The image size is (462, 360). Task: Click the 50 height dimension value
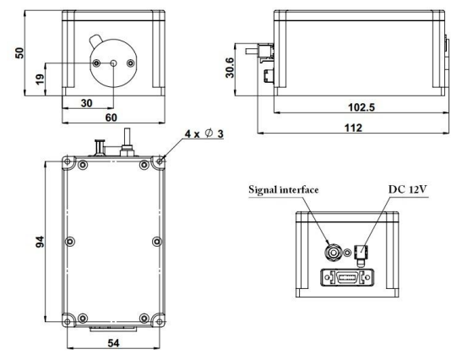click(19, 53)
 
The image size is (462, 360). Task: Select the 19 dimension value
click(40, 79)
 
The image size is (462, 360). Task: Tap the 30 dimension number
click(87, 103)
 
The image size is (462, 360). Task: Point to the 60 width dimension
click(111, 117)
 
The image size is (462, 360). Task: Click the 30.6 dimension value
click(230, 68)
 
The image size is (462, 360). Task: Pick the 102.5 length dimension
click(361, 107)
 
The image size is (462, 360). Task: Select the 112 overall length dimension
click(353, 128)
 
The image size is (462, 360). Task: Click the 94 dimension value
click(40, 242)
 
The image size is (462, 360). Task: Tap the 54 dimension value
click(114, 343)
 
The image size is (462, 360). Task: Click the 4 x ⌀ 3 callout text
click(204, 134)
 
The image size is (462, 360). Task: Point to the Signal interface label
click(284, 189)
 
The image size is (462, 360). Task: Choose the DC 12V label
click(408, 189)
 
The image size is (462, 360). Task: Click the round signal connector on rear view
click(334, 253)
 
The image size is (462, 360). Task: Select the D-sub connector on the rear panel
click(347, 277)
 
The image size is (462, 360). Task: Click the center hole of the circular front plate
click(113, 63)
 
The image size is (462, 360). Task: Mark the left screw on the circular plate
click(96, 63)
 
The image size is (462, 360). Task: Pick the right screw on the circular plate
click(130, 63)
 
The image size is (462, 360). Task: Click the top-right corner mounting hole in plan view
click(160, 161)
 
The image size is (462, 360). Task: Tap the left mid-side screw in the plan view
click(70, 242)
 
